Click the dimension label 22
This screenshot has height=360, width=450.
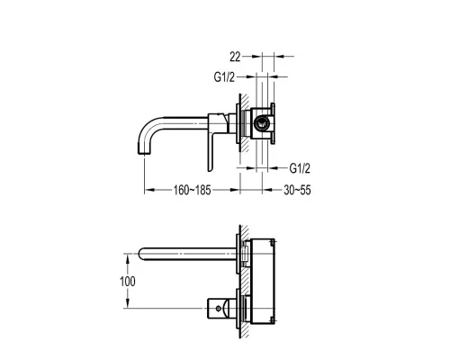coord(235,57)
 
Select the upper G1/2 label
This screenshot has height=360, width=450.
coord(224,77)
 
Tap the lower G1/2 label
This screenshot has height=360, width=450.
coord(300,168)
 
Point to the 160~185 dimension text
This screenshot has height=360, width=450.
coord(192,190)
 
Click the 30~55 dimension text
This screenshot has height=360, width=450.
coord(297,190)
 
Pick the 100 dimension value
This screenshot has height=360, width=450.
coord(128,282)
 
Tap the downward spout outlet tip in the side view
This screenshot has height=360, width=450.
coord(144,153)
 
